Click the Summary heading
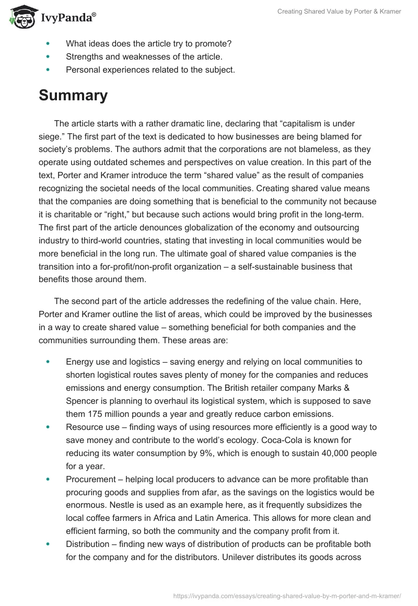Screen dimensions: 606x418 pyautogui.click(x=73, y=96)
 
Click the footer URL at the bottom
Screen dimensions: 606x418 pyautogui.click(x=286, y=596)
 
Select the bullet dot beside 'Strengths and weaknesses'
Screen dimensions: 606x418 pyautogui.click(x=49, y=56)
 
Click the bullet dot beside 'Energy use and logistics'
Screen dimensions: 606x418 pyautogui.click(x=49, y=362)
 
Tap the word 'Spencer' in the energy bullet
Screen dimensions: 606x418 pyautogui.click(x=82, y=401)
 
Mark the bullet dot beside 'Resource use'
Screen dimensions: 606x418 pyautogui.click(x=49, y=427)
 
